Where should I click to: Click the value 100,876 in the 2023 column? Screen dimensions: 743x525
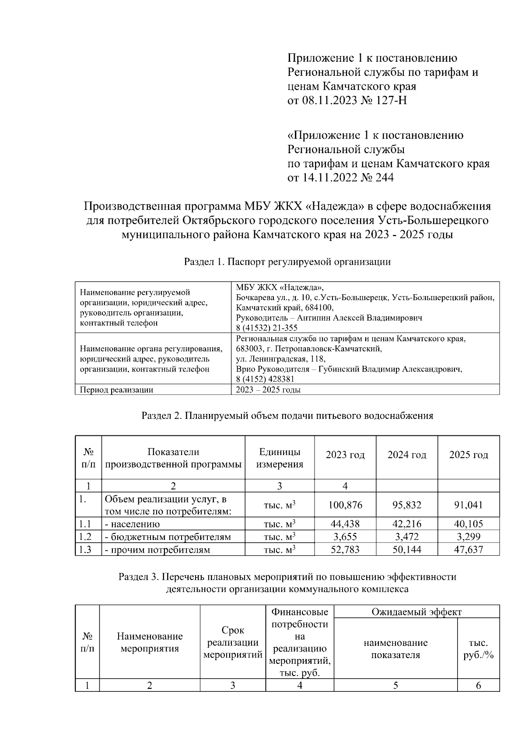pos(345,505)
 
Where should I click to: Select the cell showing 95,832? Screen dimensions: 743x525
pos(407,505)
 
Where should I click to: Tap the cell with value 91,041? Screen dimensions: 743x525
pos(469,505)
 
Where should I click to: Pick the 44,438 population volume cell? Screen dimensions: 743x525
pos(345,524)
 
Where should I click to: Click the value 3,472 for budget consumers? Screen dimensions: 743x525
pos(407,537)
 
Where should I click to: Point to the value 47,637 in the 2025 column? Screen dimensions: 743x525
pos(469,550)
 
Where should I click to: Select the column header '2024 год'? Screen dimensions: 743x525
pos(407,455)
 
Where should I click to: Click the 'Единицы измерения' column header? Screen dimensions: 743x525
pos(280,458)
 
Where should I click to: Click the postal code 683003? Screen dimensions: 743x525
pos(248,349)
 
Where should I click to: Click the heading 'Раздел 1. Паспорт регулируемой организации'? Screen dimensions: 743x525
pos(287,262)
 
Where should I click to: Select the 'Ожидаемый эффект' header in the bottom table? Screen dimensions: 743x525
pos(416,612)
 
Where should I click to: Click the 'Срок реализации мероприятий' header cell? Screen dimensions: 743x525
pos(233,642)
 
